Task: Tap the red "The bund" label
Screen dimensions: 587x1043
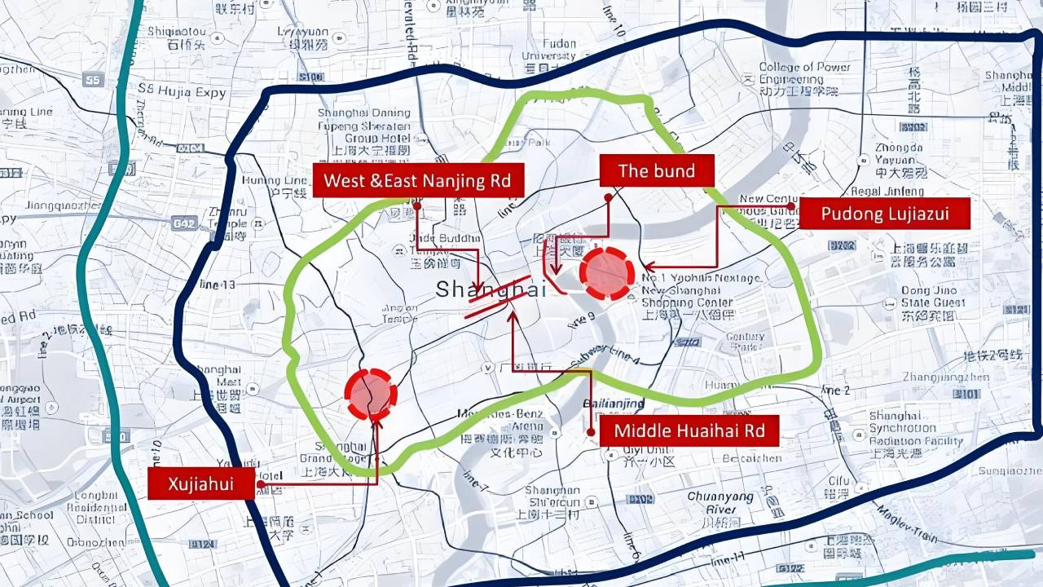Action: tap(657, 171)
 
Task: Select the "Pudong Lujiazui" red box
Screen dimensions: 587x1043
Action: tap(884, 214)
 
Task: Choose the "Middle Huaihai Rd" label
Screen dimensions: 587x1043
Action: tap(689, 430)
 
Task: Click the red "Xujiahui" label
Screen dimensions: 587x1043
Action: tap(200, 483)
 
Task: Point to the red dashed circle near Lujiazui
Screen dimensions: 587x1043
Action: tap(607, 273)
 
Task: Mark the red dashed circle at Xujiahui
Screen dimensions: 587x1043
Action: tap(371, 394)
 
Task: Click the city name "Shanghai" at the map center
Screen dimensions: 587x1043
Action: tap(491, 289)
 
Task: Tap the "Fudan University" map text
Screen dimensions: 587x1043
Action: tap(548, 49)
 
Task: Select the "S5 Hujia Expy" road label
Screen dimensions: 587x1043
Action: tap(181, 92)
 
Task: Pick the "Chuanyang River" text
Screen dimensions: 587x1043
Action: tap(720, 502)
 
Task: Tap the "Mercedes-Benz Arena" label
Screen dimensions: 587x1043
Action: tap(500, 419)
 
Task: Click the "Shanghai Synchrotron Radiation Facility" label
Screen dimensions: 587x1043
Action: tap(915, 429)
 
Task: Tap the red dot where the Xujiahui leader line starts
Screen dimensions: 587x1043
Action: tap(260, 484)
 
